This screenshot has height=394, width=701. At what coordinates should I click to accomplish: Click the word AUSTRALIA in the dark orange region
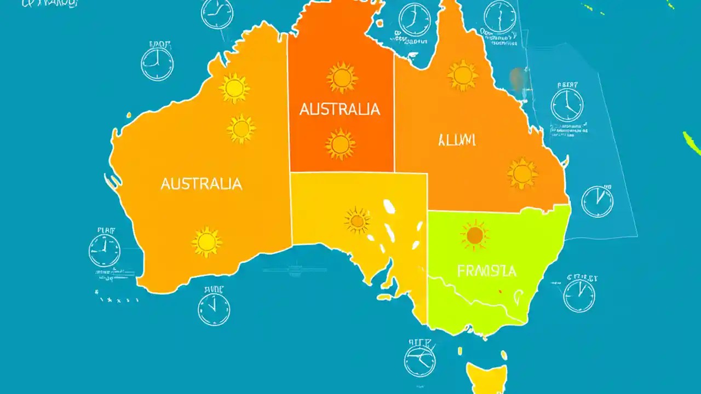(340, 109)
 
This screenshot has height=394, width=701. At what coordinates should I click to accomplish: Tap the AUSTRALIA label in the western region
(201, 184)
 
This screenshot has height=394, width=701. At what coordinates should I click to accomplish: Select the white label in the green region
(486, 270)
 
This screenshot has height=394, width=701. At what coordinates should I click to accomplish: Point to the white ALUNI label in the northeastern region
(457, 140)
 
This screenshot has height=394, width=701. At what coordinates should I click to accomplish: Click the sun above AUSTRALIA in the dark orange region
(342, 77)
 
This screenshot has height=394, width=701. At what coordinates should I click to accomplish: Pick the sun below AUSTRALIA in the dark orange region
(340, 144)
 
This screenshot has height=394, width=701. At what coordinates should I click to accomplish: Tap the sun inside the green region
(474, 235)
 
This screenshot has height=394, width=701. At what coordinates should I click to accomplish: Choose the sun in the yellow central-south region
(357, 221)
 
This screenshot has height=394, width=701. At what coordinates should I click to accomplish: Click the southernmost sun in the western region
(206, 242)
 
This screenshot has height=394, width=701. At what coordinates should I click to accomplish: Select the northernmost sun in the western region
(234, 88)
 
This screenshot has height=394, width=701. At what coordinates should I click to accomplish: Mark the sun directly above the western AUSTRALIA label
(241, 129)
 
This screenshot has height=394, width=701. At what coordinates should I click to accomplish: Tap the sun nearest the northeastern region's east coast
(522, 173)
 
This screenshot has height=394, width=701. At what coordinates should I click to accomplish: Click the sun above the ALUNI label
(463, 76)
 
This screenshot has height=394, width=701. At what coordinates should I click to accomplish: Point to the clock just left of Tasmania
(420, 362)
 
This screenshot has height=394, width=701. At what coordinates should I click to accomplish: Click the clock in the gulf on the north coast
(415, 20)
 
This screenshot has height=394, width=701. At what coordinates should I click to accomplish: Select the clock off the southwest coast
(104, 251)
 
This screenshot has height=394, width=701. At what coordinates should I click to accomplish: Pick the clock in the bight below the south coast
(214, 309)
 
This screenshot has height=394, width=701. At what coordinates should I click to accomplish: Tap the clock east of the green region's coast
(579, 296)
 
